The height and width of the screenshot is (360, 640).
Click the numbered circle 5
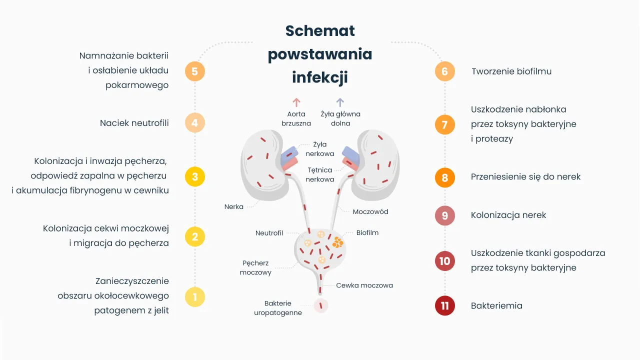point(194,71)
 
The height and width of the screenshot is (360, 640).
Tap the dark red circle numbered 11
point(444,305)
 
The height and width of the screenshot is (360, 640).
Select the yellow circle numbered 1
point(194,296)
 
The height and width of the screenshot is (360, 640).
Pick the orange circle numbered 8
point(444,177)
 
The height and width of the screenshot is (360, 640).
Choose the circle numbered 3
point(194,176)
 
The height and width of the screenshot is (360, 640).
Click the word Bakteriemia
point(496,305)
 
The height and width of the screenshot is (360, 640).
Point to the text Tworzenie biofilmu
point(511,71)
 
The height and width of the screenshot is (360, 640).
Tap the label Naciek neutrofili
point(134,122)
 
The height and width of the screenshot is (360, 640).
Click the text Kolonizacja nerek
point(508,215)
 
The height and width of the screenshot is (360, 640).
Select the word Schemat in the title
point(320,30)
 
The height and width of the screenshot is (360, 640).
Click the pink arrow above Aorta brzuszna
point(296,102)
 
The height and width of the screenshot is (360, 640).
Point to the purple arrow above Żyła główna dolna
point(340,102)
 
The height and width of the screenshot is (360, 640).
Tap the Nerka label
point(233,206)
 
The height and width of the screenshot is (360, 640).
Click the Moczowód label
point(370,211)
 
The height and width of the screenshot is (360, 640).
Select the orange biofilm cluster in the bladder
point(338,242)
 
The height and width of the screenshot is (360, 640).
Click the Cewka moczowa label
point(364,285)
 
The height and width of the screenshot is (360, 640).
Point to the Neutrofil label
point(269,233)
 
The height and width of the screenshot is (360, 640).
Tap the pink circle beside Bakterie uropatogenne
point(320,305)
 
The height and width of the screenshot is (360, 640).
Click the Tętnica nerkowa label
point(320,174)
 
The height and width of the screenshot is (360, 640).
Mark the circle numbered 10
point(444,261)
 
